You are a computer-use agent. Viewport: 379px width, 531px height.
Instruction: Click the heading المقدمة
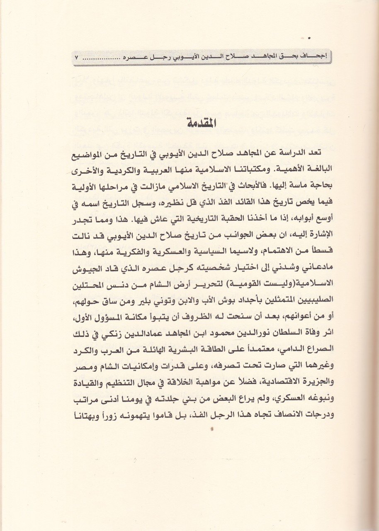(189, 123)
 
